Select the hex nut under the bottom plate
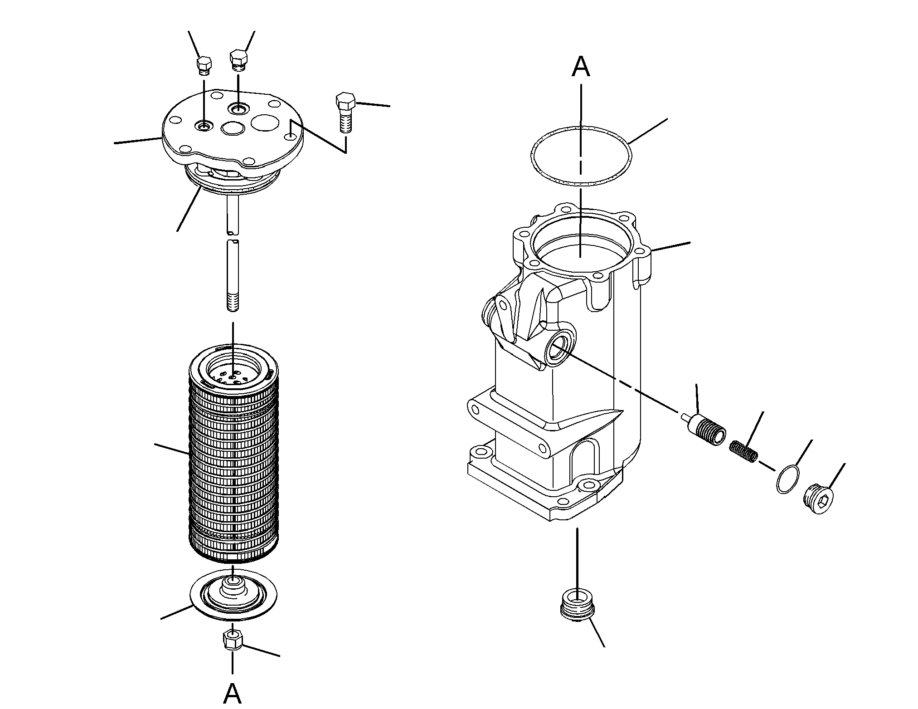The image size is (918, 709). pyautogui.click(x=233, y=640)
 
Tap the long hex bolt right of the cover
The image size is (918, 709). pyautogui.click(x=346, y=112)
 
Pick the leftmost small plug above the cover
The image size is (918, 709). pyautogui.click(x=204, y=65)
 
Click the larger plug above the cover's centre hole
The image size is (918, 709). pyautogui.click(x=238, y=60)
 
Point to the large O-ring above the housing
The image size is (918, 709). pyautogui.click(x=581, y=157)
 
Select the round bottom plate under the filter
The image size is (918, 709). pyautogui.click(x=233, y=594)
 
